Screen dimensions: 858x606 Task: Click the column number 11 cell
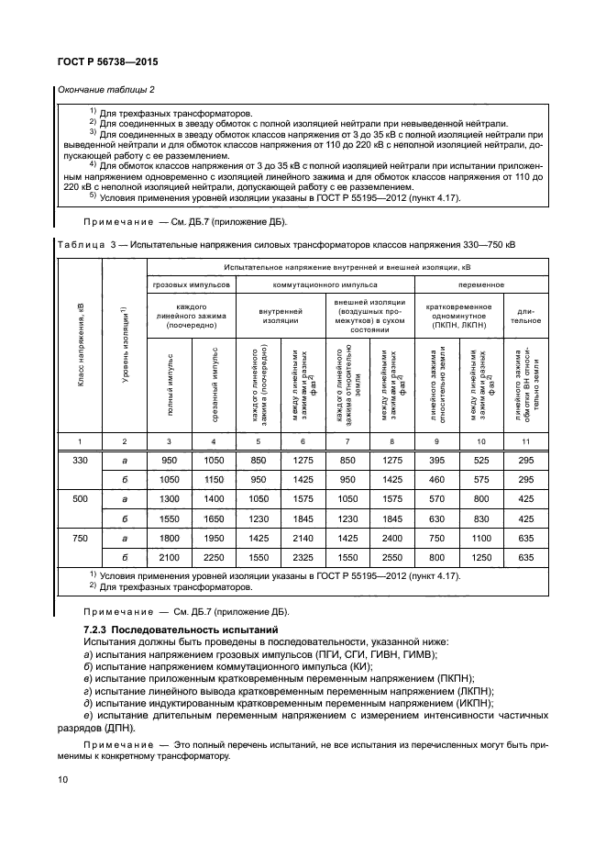(525, 442)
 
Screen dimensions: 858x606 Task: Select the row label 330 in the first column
(80, 460)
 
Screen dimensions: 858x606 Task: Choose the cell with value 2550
(392, 557)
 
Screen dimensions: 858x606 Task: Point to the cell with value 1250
(481, 557)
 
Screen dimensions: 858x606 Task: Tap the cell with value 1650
(214, 518)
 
